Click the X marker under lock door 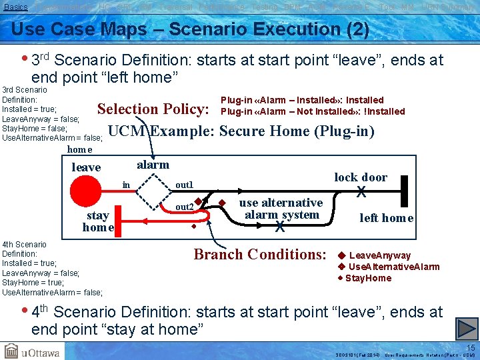pyautogui.click(x=361, y=192)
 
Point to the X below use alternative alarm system pyautogui.click(x=280, y=227)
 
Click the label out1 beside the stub pyautogui.click(x=184, y=185)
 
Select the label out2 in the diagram pyautogui.click(x=184, y=207)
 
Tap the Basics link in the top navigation pyautogui.click(x=15, y=6)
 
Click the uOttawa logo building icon pyautogui.click(x=12, y=351)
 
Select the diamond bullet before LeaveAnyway pyautogui.click(x=341, y=255)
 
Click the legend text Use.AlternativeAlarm pyautogui.click(x=394, y=267)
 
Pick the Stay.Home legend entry pyautogui.click(x=368, y=278)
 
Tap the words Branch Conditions pyautogui.click(x=259, y=254)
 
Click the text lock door pyautogui.click(x=361, y=177)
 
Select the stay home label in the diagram pyautogui.click(x=98, y=221)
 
